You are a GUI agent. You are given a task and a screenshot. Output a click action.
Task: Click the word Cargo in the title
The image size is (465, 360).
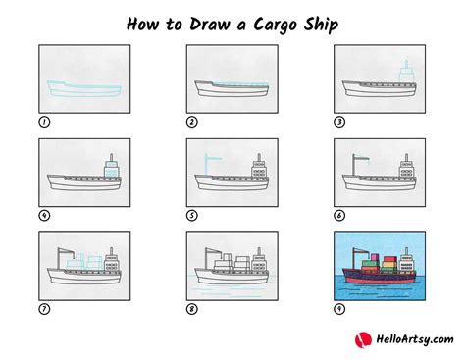coord(275,25)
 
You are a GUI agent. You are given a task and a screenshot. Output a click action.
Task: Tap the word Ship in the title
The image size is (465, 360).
coord(321,25)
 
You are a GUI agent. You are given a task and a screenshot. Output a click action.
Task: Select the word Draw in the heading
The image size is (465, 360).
coord(210,25)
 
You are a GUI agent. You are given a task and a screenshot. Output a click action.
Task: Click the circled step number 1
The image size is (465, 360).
coord(44,122)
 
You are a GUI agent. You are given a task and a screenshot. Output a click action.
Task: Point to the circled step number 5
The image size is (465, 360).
coord(192,216)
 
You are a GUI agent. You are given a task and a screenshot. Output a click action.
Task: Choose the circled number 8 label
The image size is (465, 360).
coord(192,309)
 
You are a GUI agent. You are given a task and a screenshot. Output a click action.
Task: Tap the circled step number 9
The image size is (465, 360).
coord(339,309)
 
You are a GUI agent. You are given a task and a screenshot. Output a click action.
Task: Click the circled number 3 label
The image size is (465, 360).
coord(339,122)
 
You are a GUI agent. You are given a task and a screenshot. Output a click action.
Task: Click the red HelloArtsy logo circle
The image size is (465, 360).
coord(363,340)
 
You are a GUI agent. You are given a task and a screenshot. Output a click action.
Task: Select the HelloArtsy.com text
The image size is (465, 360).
coord(415,339)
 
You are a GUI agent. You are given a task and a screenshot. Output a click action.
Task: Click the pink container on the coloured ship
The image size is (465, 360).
coord(376,257)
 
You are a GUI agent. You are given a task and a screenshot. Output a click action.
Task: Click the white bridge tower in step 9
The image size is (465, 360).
coord(407,262)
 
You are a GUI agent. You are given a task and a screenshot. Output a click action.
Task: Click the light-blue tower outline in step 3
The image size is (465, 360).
coord(406,72)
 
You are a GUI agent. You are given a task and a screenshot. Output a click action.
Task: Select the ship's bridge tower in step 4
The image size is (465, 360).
coord(112,167)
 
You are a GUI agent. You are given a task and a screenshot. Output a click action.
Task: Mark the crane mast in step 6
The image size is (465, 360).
coord(354,165)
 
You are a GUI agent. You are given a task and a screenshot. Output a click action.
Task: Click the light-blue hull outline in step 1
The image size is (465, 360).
coord(84,89)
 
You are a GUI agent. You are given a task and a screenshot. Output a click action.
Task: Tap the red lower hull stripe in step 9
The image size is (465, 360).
coord(380,281)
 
